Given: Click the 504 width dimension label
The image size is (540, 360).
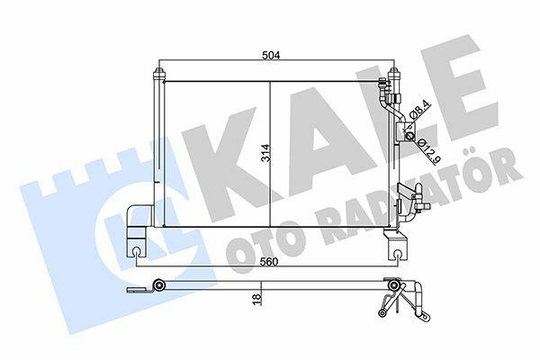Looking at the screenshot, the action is click(271, 55).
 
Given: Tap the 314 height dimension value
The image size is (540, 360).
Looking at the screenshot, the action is click(266, 153).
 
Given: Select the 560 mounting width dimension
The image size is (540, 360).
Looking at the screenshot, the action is click(269, 262).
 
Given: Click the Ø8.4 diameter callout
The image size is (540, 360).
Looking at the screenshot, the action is click(421, 109).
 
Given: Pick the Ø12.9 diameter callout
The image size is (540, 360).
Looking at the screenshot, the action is click(426, 151).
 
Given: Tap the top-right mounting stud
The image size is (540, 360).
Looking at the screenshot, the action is click(394, 73).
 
